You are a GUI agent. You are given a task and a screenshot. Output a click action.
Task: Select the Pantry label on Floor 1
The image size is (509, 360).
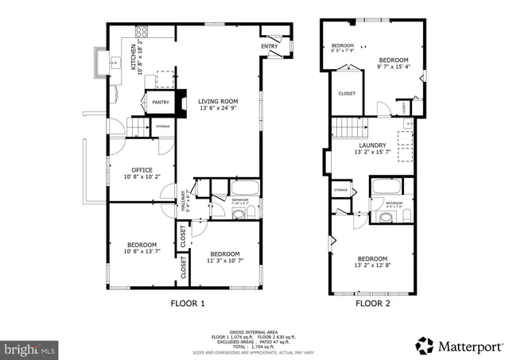pos(160,102)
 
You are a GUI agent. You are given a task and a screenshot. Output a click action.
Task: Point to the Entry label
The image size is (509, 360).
pos(269,46)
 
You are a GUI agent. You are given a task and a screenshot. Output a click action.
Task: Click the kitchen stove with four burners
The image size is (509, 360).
pos(165,79)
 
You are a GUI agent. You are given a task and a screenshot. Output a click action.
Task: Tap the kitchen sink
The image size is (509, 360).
pos(101,61)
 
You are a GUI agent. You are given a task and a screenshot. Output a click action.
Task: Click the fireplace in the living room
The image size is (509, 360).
pos(182,103)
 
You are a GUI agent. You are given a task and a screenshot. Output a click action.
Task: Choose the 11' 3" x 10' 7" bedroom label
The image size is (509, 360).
pos(225,257)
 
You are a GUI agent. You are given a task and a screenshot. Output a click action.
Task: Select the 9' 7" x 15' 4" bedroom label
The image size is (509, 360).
pos(394,64)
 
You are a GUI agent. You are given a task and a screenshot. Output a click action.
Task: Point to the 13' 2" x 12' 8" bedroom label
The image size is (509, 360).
pos(372,263)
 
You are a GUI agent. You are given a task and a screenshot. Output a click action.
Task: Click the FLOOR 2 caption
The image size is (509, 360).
pos(373,303)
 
